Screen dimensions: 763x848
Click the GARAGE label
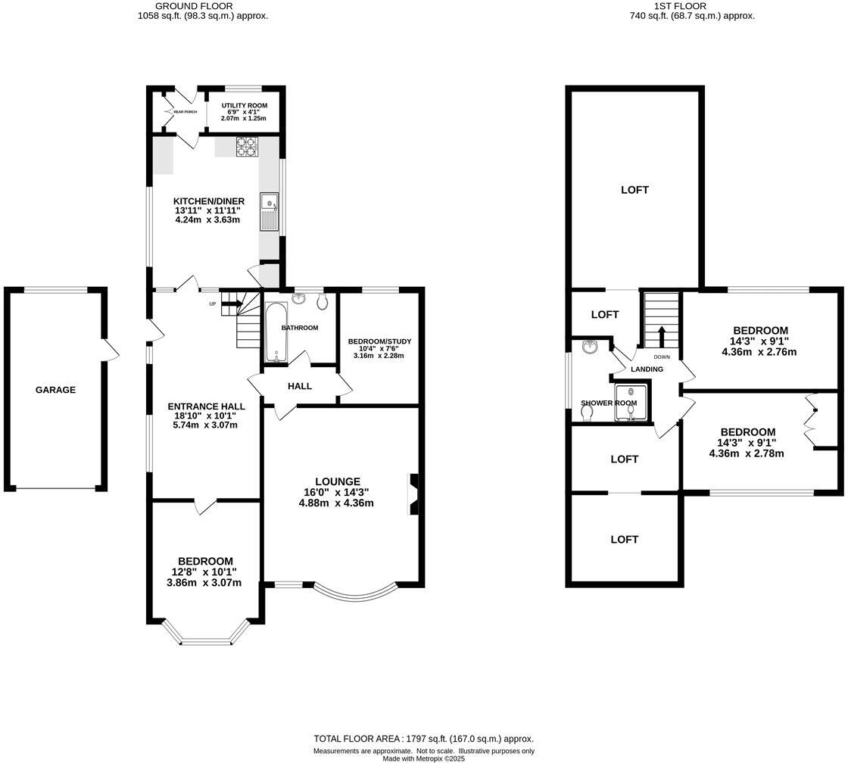[55, 390]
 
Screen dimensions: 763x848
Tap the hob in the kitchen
[246, 146]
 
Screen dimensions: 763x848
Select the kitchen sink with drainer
[268, 211]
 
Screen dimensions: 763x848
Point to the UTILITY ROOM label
[239, 106]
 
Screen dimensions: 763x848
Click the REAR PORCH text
[185, 112]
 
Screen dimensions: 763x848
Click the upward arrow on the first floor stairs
[662, 335]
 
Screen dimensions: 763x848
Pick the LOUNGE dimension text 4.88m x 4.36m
[338, 503]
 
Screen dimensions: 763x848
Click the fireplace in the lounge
[413, 494]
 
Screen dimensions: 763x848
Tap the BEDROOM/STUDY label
[376, 341]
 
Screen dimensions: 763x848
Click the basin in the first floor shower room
[591, 347]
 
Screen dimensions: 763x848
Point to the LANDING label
[647, 369]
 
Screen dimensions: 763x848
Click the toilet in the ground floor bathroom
[323, 302]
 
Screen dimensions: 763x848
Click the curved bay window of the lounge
[354, 594]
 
